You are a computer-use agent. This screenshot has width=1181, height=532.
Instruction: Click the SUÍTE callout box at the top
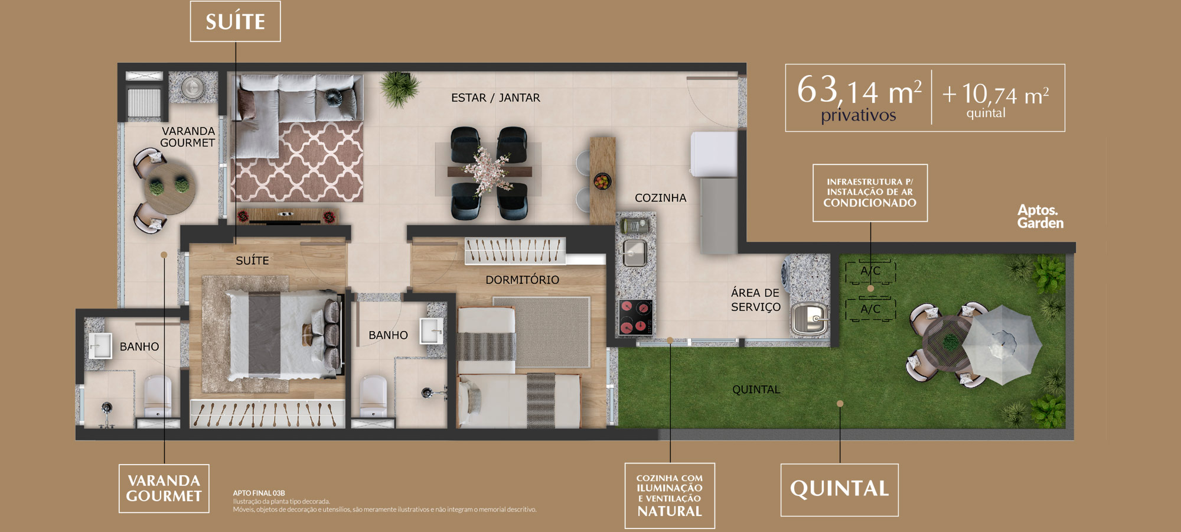[235, 21]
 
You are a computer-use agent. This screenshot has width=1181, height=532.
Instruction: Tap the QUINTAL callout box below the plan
[839, 489]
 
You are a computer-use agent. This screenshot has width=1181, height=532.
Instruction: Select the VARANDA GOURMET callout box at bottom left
[164, 488]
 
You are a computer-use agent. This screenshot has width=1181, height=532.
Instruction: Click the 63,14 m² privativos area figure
[859, 98]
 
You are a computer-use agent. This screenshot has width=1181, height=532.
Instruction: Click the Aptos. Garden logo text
[1040, 216]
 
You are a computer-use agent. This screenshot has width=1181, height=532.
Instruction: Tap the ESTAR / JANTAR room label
[495, 98]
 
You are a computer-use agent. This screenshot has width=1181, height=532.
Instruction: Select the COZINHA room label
[660, 198]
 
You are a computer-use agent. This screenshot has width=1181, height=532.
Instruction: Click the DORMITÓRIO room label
[522, 280]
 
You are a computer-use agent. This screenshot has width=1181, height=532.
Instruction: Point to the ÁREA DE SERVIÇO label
[755, 300]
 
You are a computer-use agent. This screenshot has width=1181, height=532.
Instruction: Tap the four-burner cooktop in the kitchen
[635, 317]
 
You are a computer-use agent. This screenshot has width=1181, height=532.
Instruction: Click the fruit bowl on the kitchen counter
[602, 181]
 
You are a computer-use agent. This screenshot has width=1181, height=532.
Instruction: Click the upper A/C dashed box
[870, 272]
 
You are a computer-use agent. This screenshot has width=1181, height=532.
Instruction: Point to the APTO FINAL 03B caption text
[259, 493]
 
